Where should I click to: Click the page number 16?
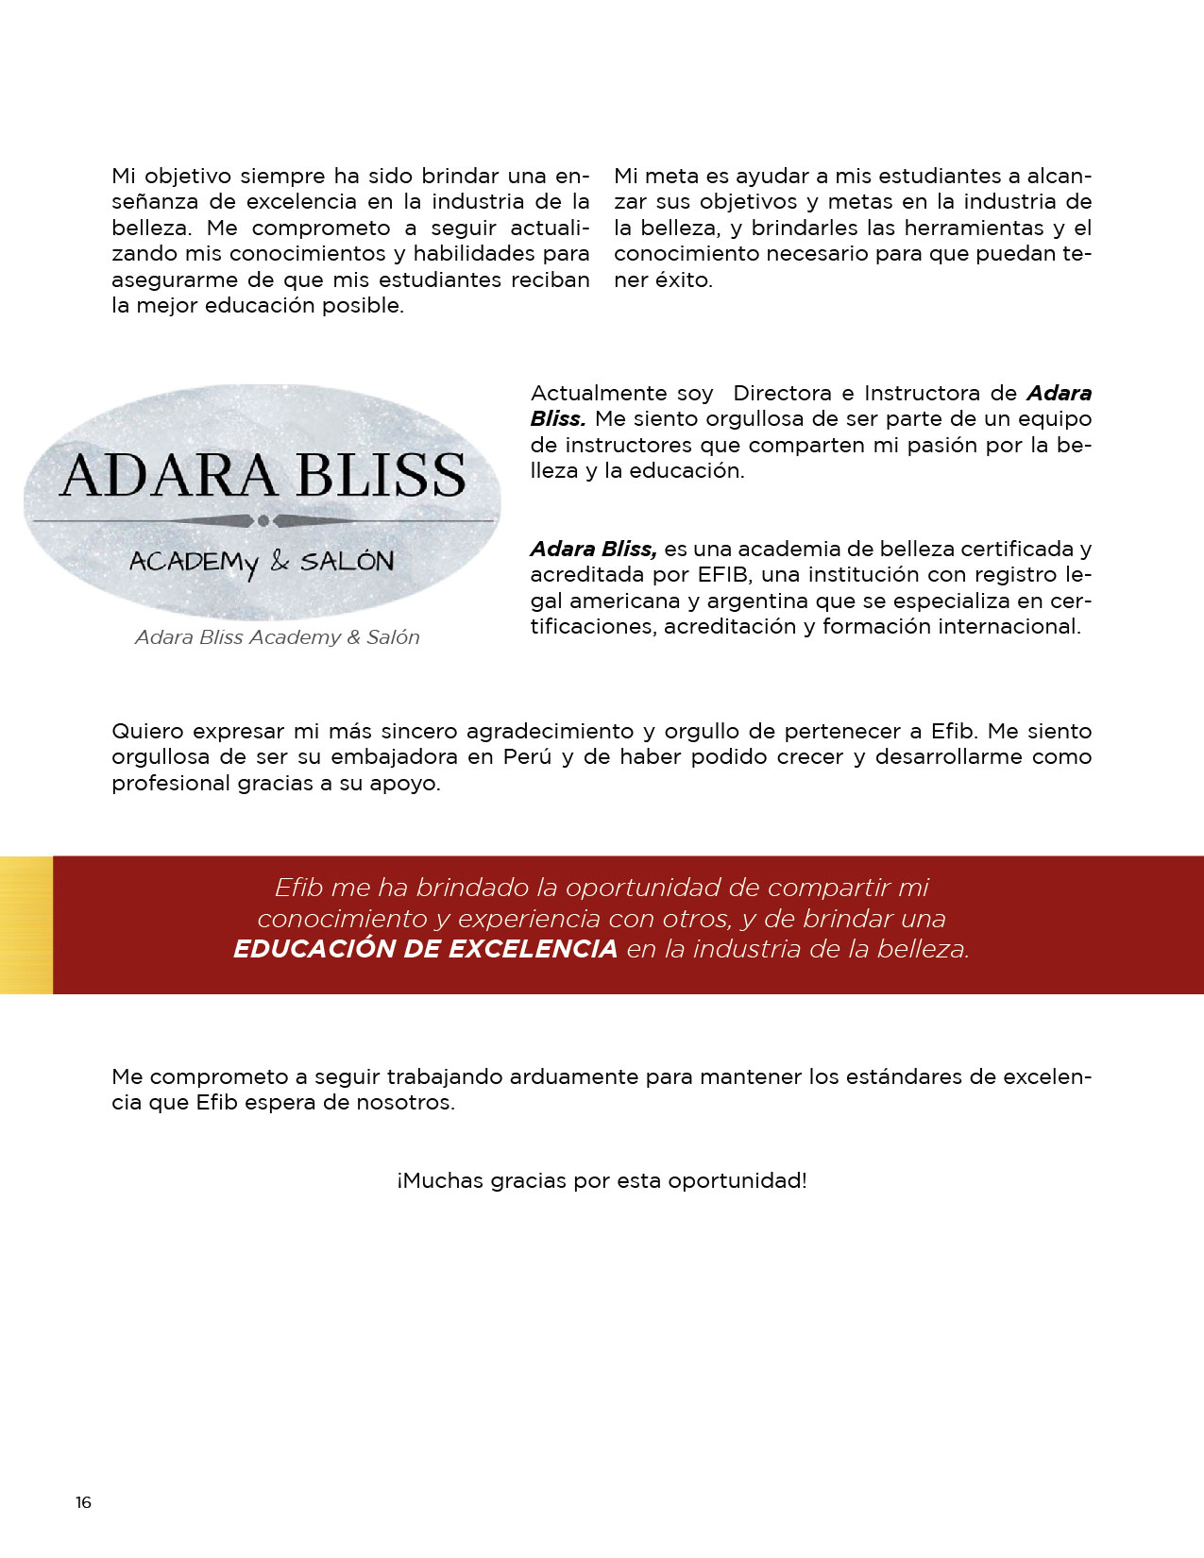[x=83, y=1502]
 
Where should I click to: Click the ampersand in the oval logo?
[x=280, y=561]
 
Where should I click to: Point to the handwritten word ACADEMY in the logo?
[x=194, y=563]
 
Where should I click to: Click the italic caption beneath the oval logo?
[x=277, y=637]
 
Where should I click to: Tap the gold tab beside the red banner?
[x=26, y=924]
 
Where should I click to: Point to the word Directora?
[x=783, y=394]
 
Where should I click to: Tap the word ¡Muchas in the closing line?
[x=440, y=1181]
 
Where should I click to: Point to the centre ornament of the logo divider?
[x=263, y=521]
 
